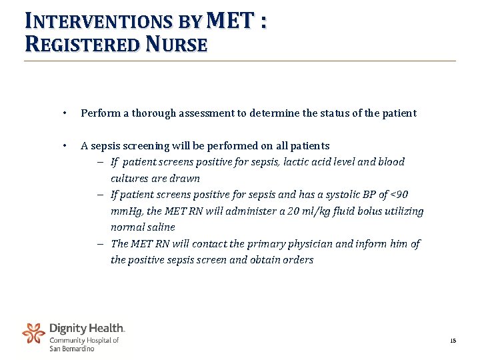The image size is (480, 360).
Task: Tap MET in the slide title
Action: tap(231, 21)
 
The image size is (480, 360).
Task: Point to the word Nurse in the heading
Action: tap(177, 45)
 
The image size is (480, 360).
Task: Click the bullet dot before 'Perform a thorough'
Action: tap(63, 113)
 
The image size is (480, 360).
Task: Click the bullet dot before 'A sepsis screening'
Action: tap(63, 146)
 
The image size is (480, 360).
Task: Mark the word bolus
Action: tap(378, 211)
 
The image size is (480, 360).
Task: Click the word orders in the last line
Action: tap(297, 260)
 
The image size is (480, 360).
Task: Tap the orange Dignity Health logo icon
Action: tap(34, 333)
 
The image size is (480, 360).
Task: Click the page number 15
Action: tap(453, 341)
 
